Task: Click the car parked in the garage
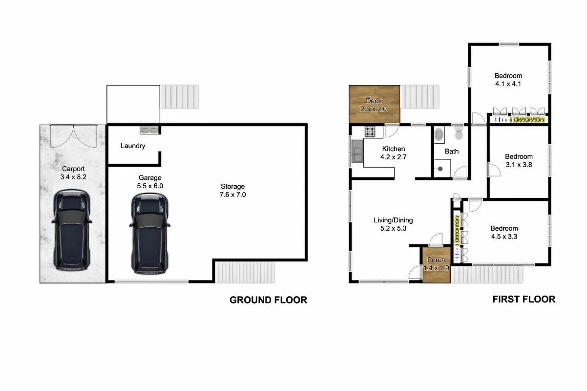[x=149, y=233]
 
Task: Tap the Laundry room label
[x=133, y=146]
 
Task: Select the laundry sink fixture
[x=149, y=130]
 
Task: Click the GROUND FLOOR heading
[x=268, y=300]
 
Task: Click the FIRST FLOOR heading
[x=524, y=299]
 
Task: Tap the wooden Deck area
[x=374, y=105]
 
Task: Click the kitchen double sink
[x=357, y=151]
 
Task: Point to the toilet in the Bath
[x=458, y=133]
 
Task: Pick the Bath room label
[x=452, y=152]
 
